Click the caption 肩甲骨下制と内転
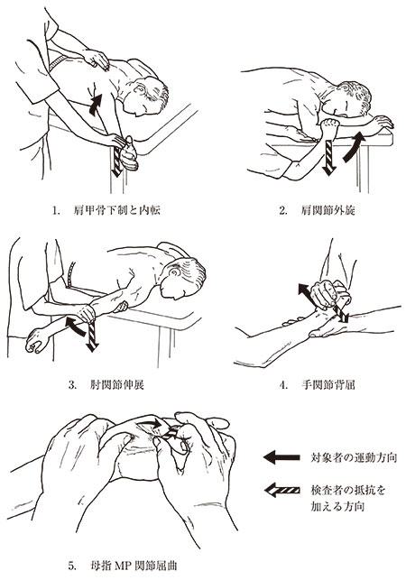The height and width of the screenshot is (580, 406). (x=117, y=210)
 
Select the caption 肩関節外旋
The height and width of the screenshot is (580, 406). (x=328, y=210)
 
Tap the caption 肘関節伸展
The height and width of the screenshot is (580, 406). (x=116, y=384)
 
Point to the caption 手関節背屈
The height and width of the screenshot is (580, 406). (x=328, y=384)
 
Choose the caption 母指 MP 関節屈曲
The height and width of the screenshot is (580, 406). (x=134, y=566)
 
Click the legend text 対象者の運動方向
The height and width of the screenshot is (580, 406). (x=354, y=457)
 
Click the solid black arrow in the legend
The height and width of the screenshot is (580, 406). (x=281, y=457)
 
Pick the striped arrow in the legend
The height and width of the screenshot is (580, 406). (x=282, y=490)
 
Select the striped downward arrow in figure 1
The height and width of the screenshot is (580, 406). (x=117, y=161)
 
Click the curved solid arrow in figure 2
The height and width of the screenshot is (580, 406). (x=355, y=148)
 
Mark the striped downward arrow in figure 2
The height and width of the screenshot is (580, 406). (x=328, y=157)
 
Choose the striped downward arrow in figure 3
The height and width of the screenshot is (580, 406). (x=91, y=336)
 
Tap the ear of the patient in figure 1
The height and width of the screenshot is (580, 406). (x=140, y=89)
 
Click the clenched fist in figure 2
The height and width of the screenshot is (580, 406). (x=329, y=128)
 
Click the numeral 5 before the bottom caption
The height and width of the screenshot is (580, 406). (x=70, y=566)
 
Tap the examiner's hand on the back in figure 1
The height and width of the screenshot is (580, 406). (x=97, y=60)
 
